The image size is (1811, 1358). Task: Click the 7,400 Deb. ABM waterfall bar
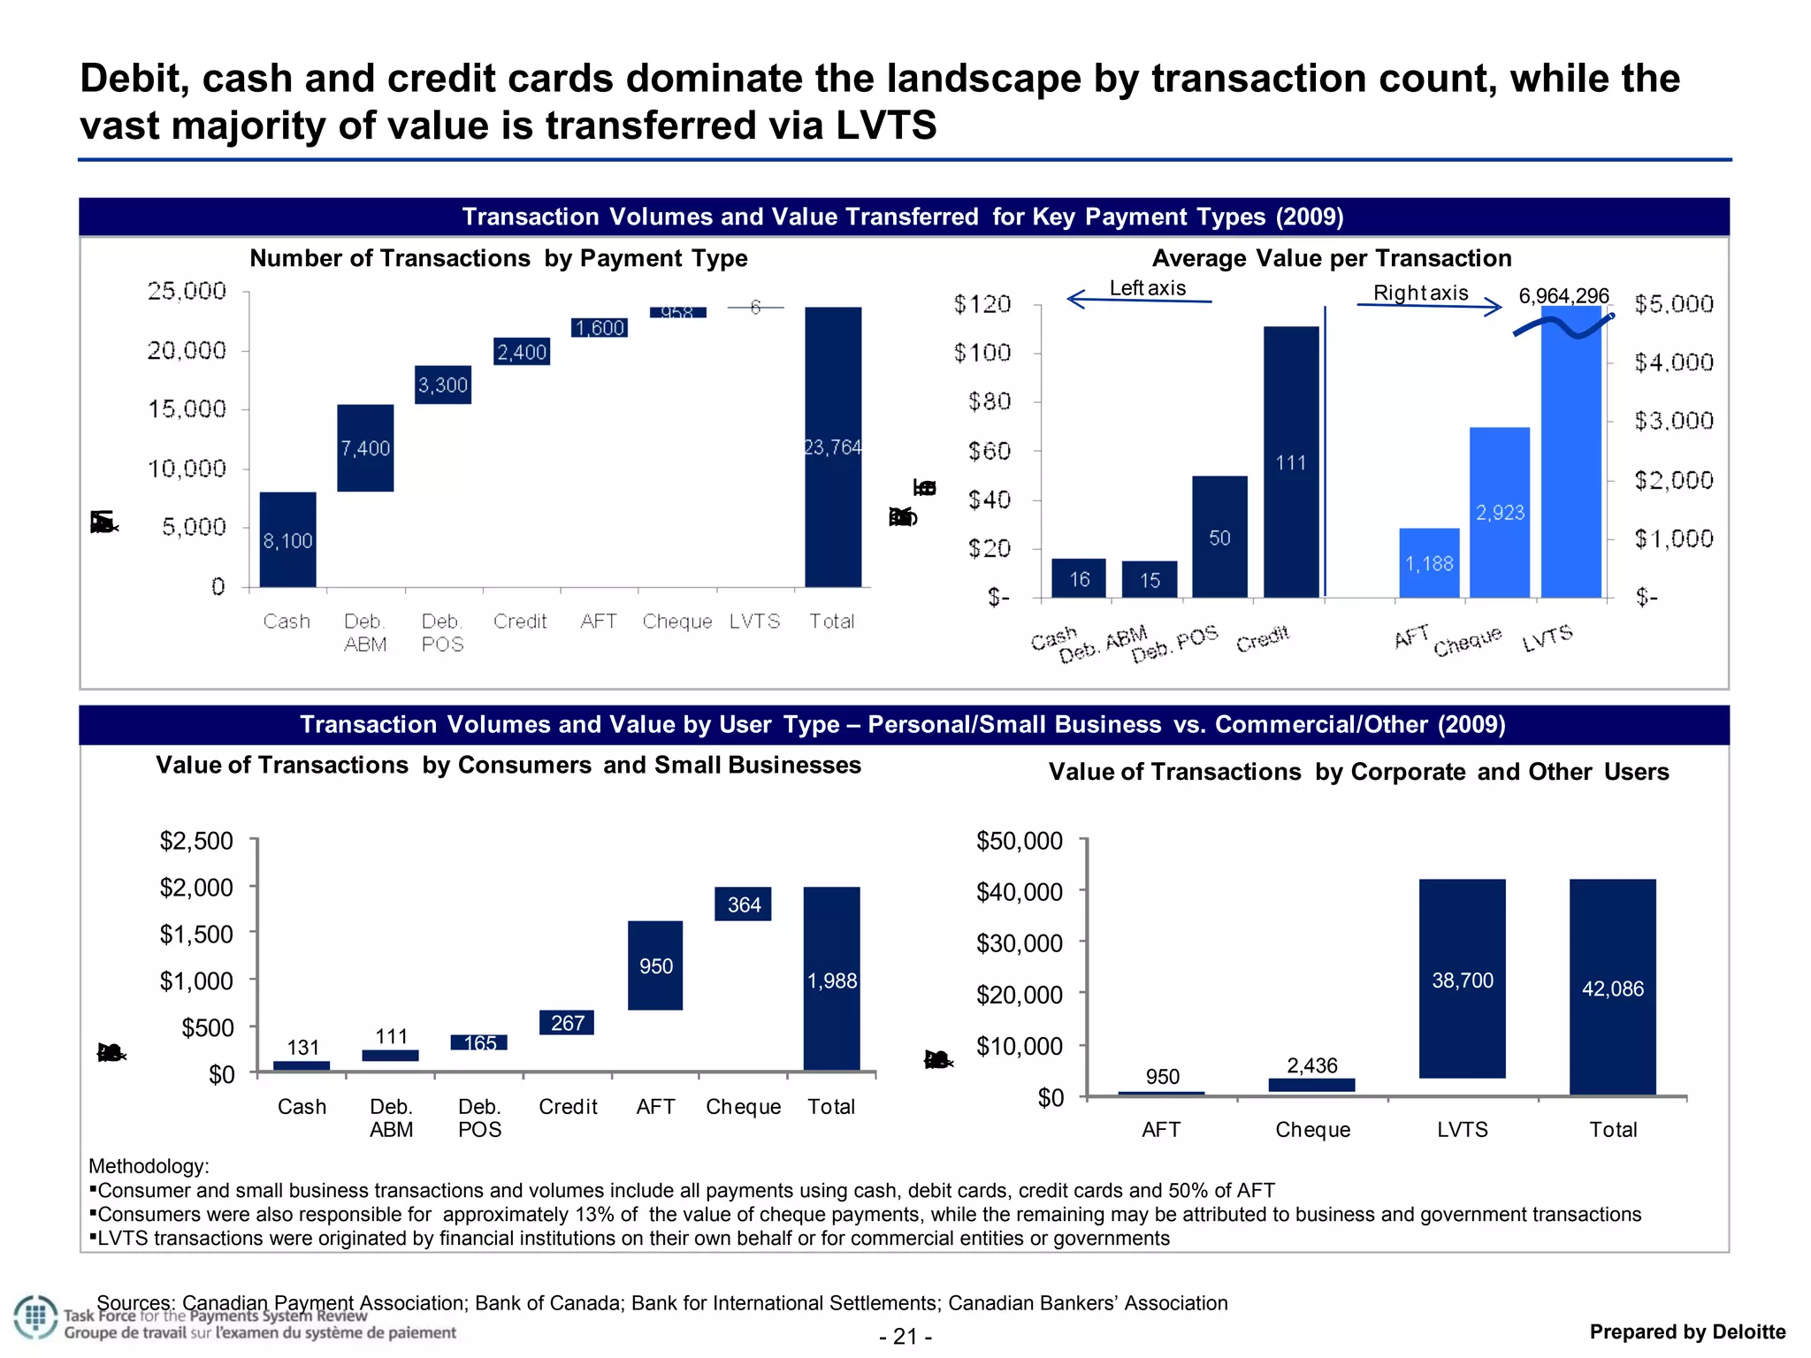pyautogui.click(x=365, y=447)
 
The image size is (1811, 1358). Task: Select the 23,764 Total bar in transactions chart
pyautogui.click(x=832, y=446)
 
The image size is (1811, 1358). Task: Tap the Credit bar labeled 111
pyautogui.click(x=1291, y=462)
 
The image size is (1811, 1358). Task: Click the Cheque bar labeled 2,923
pyautogui.click(x=1500, y=512)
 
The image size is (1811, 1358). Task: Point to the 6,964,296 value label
pyautogui.click(x=1563, y=295)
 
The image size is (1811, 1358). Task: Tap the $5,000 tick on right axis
pyautogui.click(x=1673, y=304)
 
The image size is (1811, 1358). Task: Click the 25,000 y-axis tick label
pyautogui.click(x=187, y=291)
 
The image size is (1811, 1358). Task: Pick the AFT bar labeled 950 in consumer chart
pyautogui.click(x=655, y=965)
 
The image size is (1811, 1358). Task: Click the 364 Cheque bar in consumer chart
pyautogui.click(x=743, y=904)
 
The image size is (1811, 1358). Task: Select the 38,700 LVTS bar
pyautogui.click(x=1462, y=979)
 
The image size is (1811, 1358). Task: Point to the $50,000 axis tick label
pyautogui.click(x=1019, y=841)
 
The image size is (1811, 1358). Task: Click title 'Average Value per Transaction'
pyautogui.click(x=1331, y=258)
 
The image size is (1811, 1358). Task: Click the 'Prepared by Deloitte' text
pyautogui.click(x=1687, y=1331)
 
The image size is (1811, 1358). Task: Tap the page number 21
pyautogui.click(x=905, y=1336)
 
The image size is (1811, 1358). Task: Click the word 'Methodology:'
pyautogui.click(x=149, y=1166)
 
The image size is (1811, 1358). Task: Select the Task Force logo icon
pyautogui.click(x=35, y=1317)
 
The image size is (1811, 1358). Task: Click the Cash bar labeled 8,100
pyautogui.click(x=287, y=539)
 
